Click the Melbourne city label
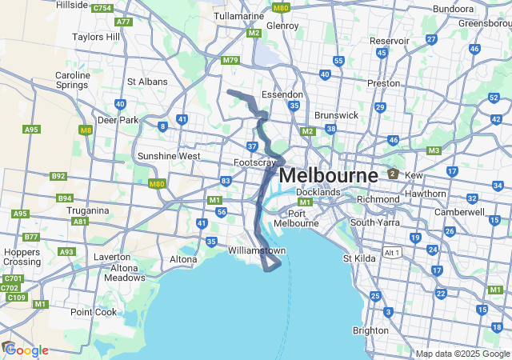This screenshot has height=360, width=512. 329,175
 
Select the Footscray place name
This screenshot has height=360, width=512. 254,162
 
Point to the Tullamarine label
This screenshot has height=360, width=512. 239,16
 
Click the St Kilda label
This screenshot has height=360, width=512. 358,258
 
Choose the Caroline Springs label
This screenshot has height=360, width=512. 73,81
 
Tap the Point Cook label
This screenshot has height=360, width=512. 94,312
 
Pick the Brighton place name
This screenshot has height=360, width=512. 370,330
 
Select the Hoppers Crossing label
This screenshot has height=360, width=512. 22,256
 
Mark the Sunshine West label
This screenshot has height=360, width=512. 169,156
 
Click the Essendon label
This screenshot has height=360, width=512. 282,94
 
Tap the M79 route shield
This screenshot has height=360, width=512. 231,60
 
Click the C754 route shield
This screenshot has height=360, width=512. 102,8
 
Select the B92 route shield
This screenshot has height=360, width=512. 58,176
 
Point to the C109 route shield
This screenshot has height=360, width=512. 17,297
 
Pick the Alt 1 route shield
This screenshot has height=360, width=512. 392,252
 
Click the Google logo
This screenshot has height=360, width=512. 26,350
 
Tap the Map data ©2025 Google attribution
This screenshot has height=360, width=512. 462,354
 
